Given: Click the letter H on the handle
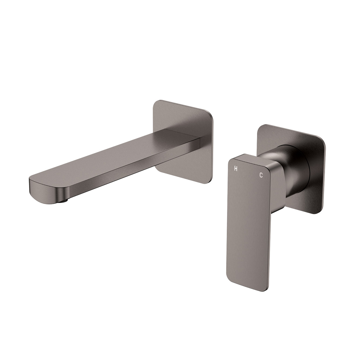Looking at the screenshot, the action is click(x=235, y=168).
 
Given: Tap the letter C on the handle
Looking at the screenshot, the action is click(x=261, y=175).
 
